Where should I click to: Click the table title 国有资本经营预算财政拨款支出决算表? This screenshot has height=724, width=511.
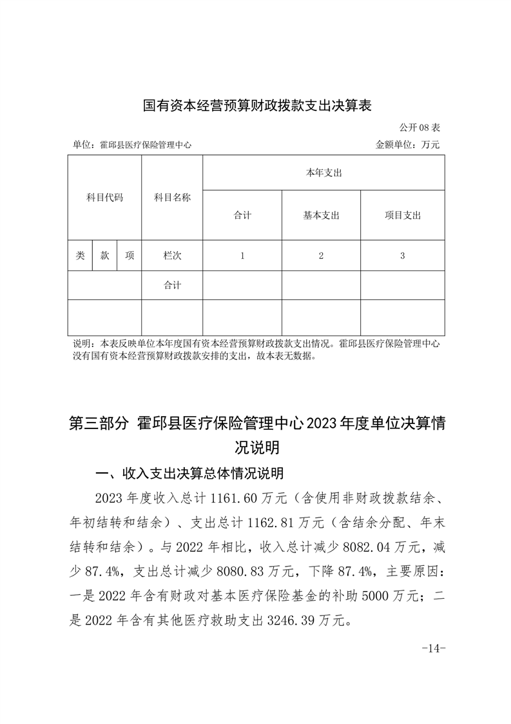(257, 105)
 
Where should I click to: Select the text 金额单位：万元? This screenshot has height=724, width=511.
(407, 145)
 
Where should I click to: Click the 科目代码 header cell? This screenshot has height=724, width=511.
(104, 197)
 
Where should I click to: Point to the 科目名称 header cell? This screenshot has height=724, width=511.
(172, 197)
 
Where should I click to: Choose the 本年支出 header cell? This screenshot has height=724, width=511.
(323, 173)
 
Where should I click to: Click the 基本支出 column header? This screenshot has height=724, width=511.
(321, 216)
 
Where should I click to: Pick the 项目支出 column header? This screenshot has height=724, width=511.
(402, 216)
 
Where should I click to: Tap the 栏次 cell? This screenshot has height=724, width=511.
(172, 256)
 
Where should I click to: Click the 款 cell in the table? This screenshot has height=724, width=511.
(104, 256)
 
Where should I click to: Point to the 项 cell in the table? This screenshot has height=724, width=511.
(129, 256)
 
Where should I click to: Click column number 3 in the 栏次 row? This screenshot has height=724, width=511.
(402, 256)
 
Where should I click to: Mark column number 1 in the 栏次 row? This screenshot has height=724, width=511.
(242, 256)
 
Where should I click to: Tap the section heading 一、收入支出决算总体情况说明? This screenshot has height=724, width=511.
(189, 474)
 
